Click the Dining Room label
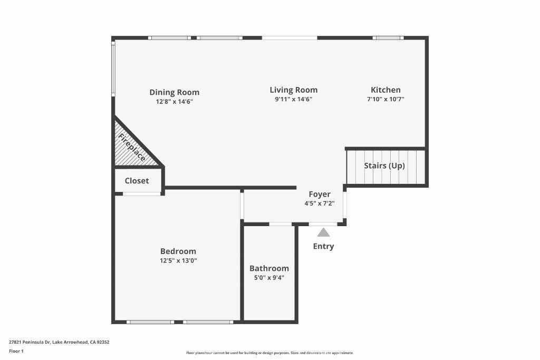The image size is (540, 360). point(174,92)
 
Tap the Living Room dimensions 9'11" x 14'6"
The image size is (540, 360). point(294,99)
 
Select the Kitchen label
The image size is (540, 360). point(385,90)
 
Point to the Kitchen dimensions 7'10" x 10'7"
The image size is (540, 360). point(385,99)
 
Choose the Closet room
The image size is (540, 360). point(137,181)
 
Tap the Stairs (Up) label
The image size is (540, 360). point(384,166)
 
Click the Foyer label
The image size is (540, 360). point(320,194)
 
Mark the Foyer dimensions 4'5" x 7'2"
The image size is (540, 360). point(320,203)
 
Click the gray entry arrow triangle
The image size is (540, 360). point(323,232)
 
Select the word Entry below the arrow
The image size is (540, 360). point(323,246)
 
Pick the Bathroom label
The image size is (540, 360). point(269,268)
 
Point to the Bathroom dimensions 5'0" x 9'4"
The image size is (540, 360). point(269,277)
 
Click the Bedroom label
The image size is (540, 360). point(178,251)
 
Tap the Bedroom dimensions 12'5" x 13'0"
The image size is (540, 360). point(178,260)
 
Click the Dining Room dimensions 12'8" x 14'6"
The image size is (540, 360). point(174,102)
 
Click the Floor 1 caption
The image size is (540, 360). point(16,351)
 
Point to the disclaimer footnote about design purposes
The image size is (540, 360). point(269,353)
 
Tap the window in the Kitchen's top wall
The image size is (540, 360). point(388,38)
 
